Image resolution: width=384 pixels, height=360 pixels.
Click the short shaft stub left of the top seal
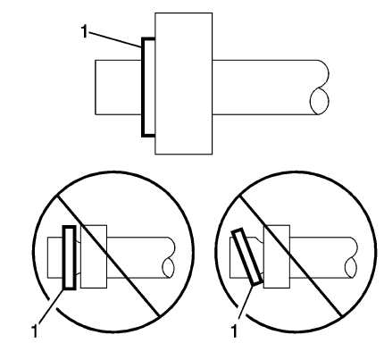[116, 89]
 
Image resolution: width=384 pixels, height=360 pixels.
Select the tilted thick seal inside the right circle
[247, 256]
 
